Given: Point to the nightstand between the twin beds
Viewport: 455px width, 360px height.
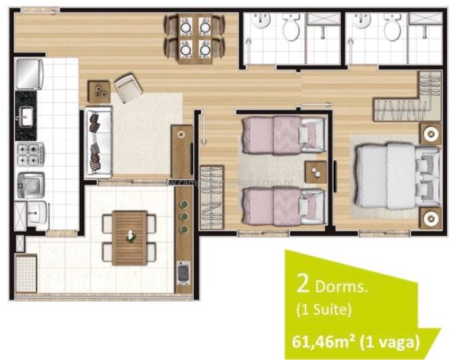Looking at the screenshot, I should pos(315,171).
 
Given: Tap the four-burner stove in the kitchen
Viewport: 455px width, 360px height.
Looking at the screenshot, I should pos(30,152).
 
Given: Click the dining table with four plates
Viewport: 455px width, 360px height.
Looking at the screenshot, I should pos(195,36).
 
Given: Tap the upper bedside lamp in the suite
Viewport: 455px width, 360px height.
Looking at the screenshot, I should pos(430,134).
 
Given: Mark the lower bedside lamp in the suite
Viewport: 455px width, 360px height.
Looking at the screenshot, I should pos(430,217).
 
